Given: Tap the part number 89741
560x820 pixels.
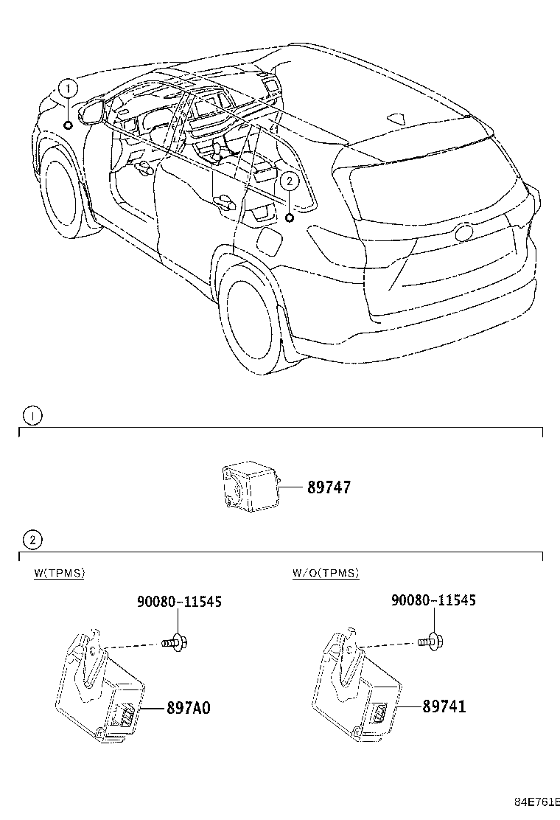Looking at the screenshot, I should [x=444, y=706].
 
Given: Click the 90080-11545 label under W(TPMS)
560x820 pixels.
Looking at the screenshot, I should [x=179, y=602].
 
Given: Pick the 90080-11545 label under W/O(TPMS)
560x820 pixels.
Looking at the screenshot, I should [x=433, y=600].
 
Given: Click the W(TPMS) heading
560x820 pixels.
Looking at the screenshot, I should [x=59, y=573].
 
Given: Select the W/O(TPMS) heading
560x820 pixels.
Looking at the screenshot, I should [x=326, y=573].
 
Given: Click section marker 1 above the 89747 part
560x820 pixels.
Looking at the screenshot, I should [x=32, y=416].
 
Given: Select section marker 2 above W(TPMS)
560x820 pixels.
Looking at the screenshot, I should [x=32, y=541].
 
